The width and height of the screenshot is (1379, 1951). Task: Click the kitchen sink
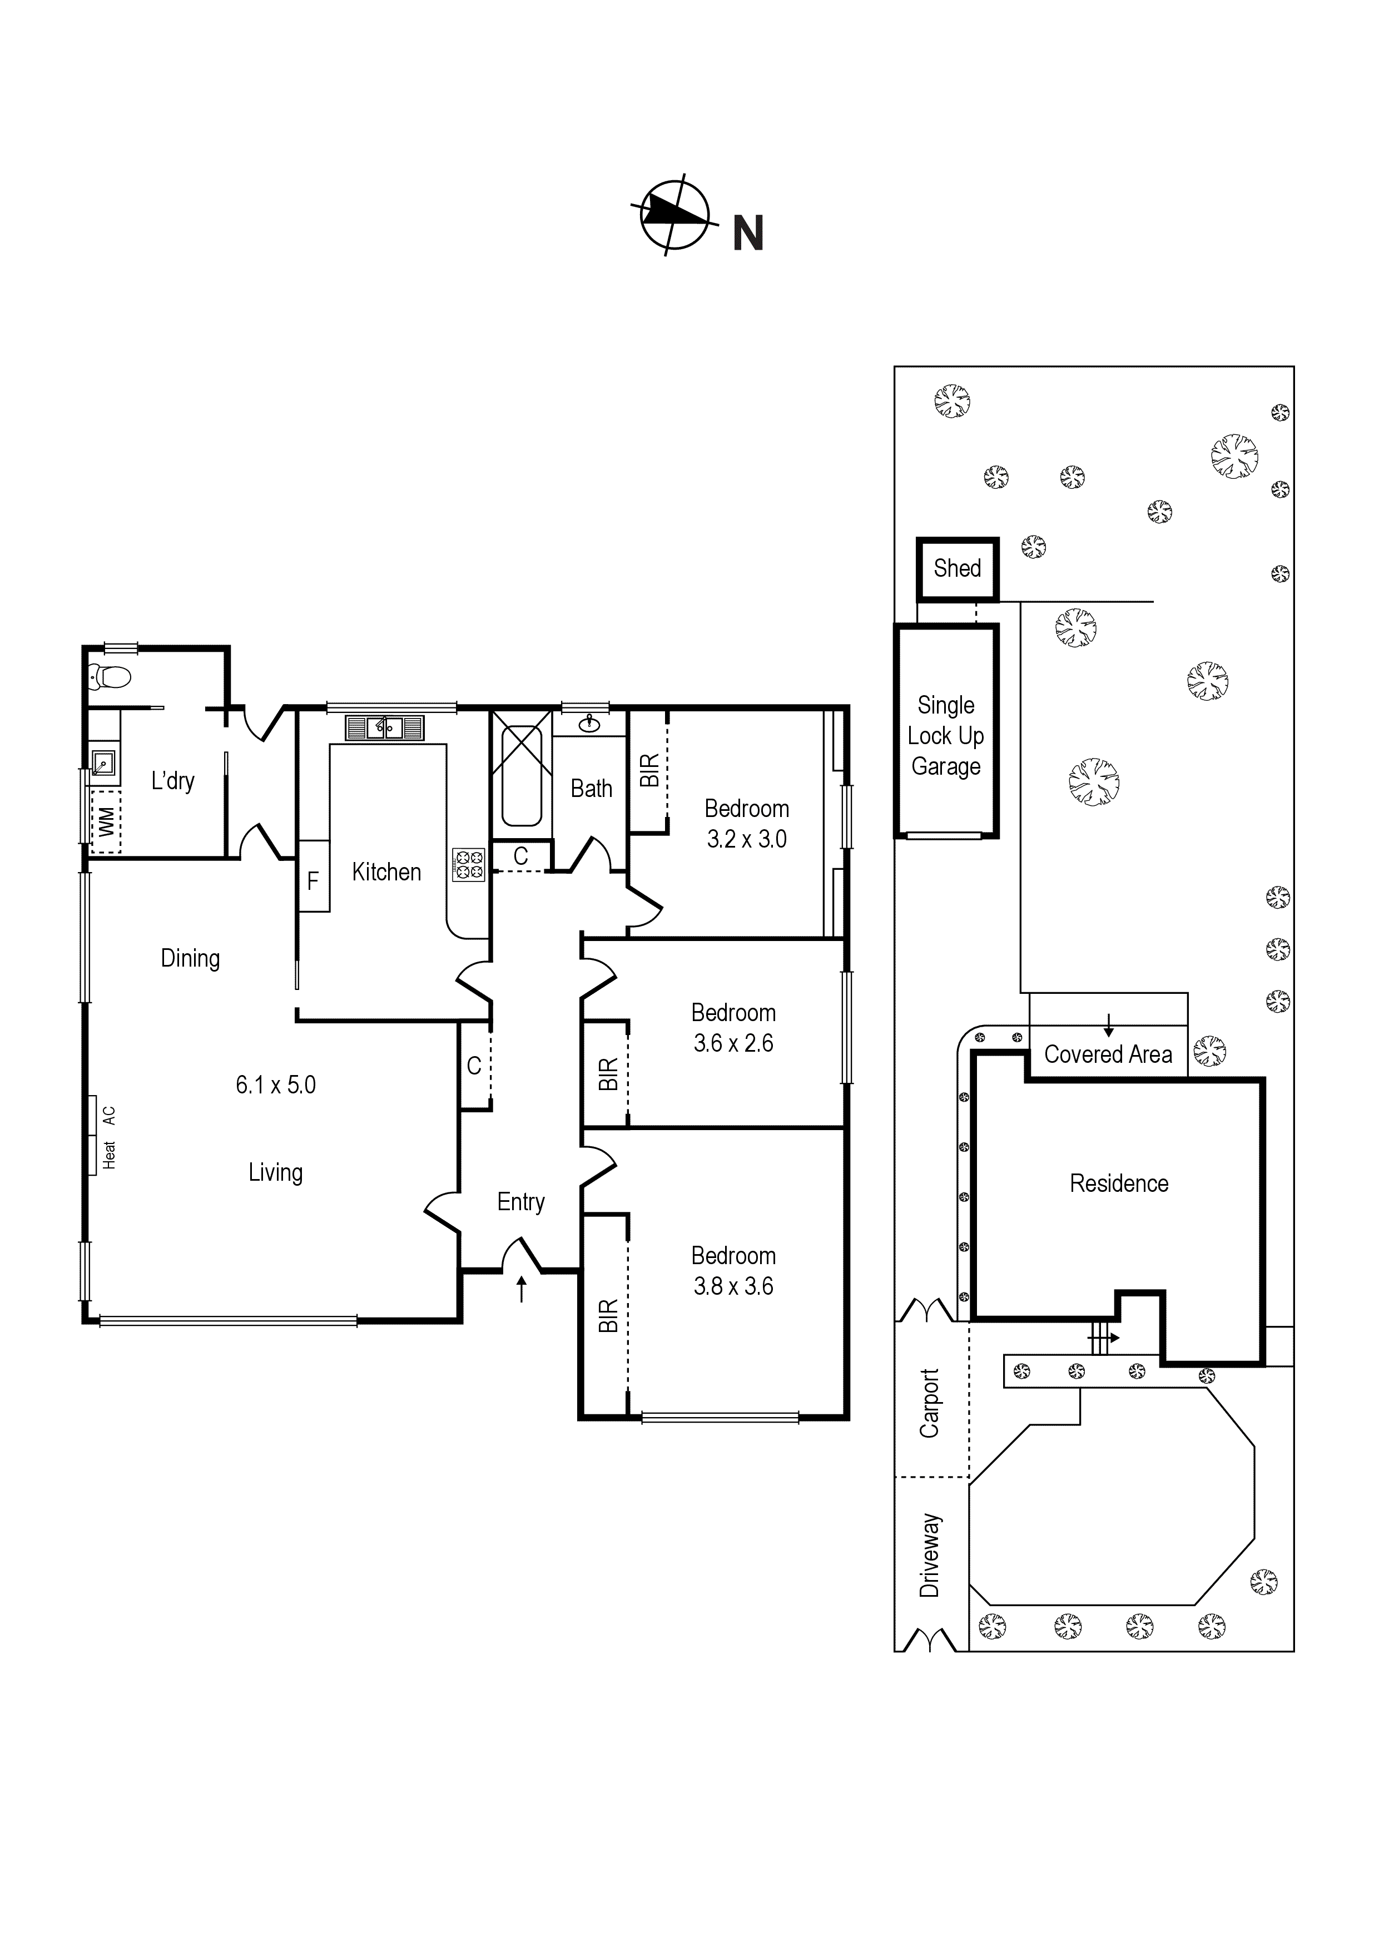click(x=384, y=728)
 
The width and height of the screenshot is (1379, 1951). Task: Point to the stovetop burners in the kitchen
click(x=469, y=865)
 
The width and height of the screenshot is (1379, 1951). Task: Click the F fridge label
click(x=312, y=881)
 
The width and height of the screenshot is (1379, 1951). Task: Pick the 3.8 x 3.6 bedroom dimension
click(x=733, y=1286)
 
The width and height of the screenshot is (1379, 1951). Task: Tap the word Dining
click(x=190, y=958)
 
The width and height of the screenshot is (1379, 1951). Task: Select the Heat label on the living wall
click(x=110, y=1155)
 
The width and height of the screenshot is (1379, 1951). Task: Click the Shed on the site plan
click(x=958, y=568)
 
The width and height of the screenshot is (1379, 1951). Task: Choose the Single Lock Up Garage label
click(x=946, y=736)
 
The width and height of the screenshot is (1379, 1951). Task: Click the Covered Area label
click(x=1108, y=1054)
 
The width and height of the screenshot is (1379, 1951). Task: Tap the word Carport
click(x=930, y=1403)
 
